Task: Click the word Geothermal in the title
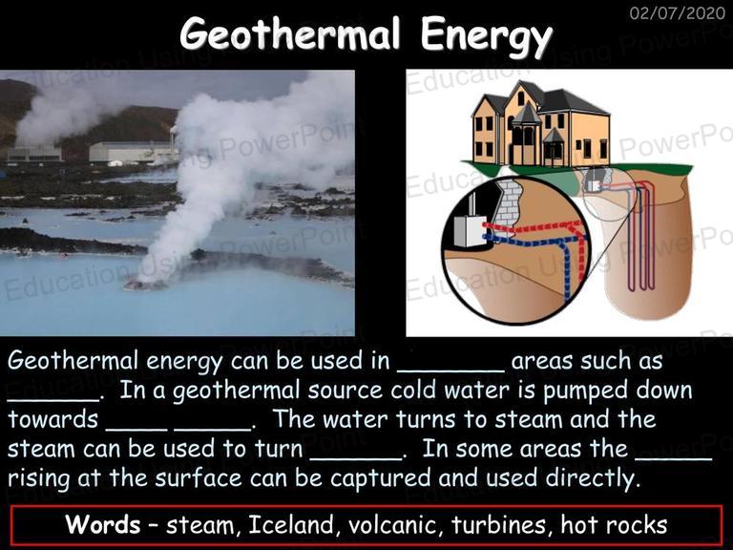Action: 290,34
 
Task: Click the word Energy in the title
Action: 486,37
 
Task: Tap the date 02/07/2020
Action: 677,12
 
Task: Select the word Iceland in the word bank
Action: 291,524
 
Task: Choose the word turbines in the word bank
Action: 499,524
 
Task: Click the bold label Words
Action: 103,524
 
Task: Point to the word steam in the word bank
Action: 200,525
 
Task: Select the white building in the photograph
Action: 133,153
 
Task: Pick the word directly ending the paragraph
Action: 592,478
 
